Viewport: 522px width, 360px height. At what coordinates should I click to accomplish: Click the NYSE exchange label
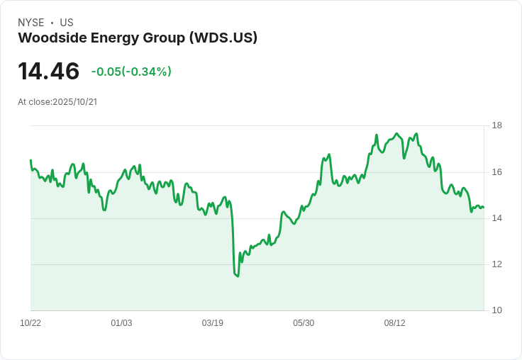(x=30, y=23)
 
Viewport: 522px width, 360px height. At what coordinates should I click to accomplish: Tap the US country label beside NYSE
(x=67, y=23)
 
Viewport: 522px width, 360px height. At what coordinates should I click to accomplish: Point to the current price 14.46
(x=48, y=72)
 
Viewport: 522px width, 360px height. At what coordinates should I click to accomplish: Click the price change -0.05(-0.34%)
(x=131, y=72)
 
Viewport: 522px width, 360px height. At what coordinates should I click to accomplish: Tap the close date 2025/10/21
(x=74, y=102)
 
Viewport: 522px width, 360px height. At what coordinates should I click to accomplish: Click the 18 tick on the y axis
(x=497, y=125)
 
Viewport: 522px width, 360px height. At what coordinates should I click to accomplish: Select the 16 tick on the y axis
(x=497, y=172)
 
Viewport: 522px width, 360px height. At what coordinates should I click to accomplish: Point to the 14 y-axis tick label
(x=497, y=218)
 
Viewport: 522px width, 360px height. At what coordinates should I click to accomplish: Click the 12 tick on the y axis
(x=497, y=264)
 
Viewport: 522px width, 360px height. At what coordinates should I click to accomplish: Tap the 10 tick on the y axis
(x=497, y=310)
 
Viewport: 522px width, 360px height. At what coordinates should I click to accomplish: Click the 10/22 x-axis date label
(x=30, y=323)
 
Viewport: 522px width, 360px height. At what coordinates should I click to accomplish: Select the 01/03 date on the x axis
(x=121, y=323)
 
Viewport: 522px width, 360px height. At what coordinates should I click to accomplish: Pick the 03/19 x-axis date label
(x=212, y=323)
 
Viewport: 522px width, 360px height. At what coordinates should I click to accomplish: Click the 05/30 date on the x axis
(x=304, y=323)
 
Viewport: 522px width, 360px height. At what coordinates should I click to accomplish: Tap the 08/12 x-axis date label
(x=394, y=323)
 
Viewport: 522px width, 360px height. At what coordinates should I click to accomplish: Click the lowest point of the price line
(x=238, y=276)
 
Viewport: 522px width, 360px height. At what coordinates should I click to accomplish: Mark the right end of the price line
(x=483, y=207)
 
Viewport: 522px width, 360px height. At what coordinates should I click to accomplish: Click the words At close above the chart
(x=34, y=102)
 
